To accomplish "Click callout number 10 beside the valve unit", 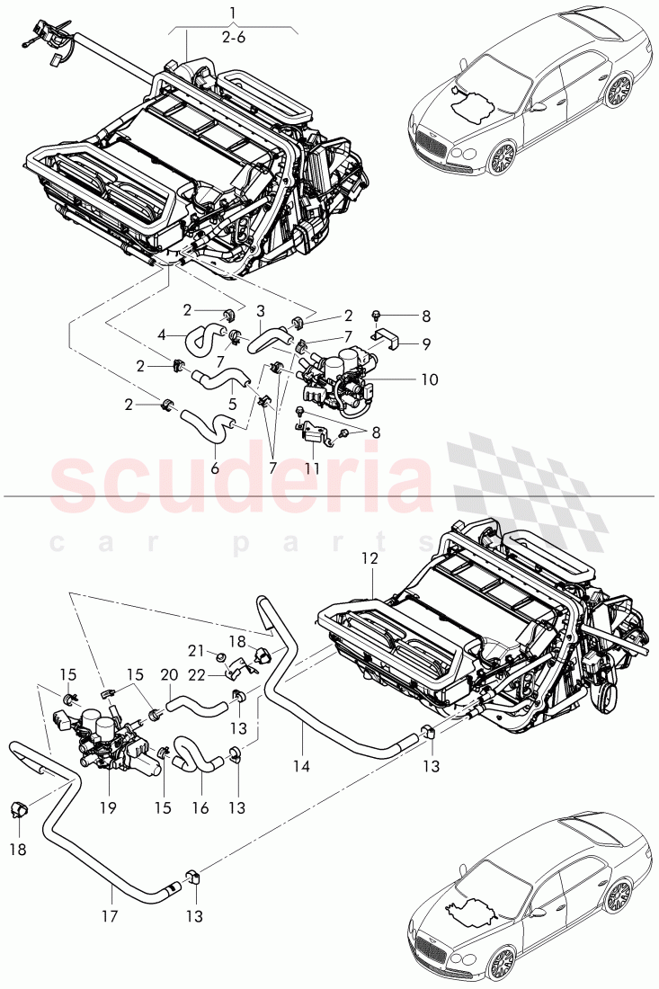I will (429, 379).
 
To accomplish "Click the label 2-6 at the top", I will (233, 39).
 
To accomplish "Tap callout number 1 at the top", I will (233, 13).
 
